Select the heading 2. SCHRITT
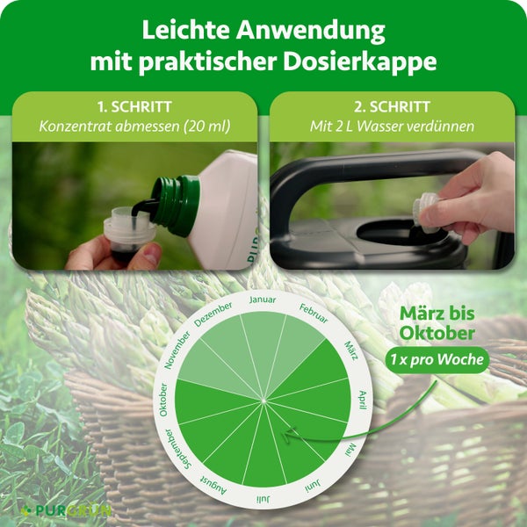[x=392, y=106]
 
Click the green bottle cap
[x=175, y=205]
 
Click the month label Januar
[x=263, y=300]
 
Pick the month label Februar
[x=313, y=313]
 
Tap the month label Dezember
[x=213, y=314]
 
